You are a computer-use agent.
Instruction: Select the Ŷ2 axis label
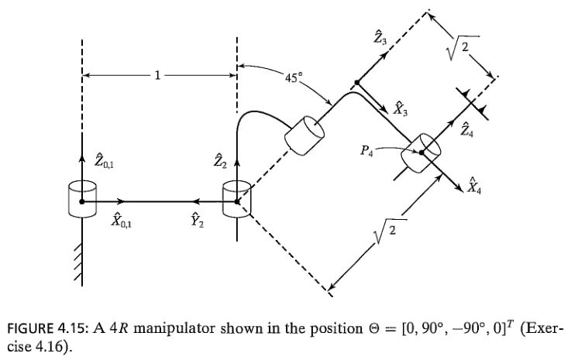click(x=198, y=222)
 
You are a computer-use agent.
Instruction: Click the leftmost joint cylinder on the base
click(x=81, y=198)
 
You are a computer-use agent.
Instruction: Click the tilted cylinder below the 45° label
click(x=303, y=136)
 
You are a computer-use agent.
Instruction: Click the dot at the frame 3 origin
click(x=356, y=81)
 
